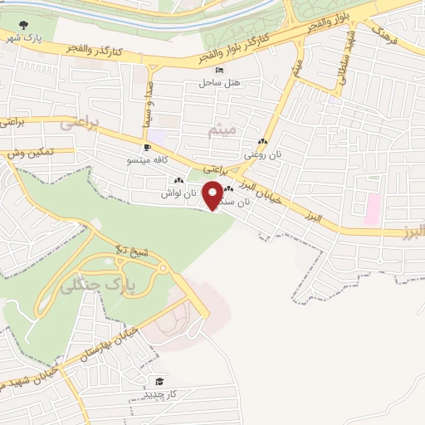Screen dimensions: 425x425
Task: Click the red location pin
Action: pyautogui.click(x=213, y=195)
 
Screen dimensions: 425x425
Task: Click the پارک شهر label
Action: pyautogui.click(x=23, y=38)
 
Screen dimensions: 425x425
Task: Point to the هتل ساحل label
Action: pyautogui.click(x=219, y=83)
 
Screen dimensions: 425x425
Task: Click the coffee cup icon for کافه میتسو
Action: pyautogui.click(x=148, y=148)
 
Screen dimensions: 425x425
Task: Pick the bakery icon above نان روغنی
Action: pyautogui.click(x=262, y=142)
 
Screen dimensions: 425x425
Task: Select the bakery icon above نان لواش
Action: pyautogui.click(x=178, y=181)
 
